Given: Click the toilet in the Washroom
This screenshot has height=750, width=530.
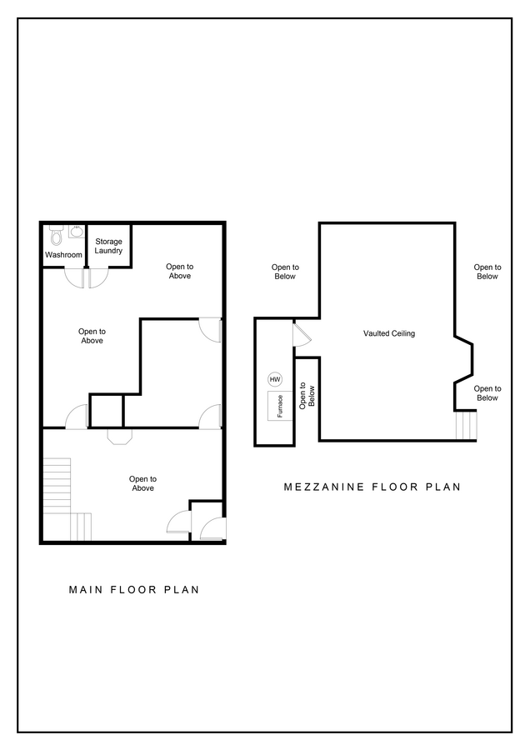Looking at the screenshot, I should [57, 234].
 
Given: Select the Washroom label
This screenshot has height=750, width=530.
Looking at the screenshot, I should [63, 254].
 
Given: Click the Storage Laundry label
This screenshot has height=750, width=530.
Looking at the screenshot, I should [108, 246].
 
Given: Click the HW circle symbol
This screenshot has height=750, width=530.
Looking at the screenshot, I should [275, 379].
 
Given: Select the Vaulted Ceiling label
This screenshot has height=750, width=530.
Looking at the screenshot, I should [388, 333].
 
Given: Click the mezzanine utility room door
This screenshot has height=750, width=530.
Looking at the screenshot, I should [301, 335].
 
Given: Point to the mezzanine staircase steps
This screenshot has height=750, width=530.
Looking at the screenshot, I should [466, 426].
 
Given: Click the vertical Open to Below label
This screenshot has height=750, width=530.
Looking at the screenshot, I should [307, 398].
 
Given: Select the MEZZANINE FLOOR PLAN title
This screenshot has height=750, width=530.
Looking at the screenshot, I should [372, 487].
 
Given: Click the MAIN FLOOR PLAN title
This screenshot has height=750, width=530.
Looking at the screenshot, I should [133, 589].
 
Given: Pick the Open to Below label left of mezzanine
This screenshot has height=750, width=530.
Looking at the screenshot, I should [284, 272].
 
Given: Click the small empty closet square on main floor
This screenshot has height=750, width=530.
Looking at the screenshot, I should [107, 412].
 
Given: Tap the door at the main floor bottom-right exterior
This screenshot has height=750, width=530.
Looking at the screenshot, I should [212, 530].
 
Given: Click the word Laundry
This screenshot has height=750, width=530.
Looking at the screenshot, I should [108, 251].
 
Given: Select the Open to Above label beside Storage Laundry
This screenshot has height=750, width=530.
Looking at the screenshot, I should [179, 271].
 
